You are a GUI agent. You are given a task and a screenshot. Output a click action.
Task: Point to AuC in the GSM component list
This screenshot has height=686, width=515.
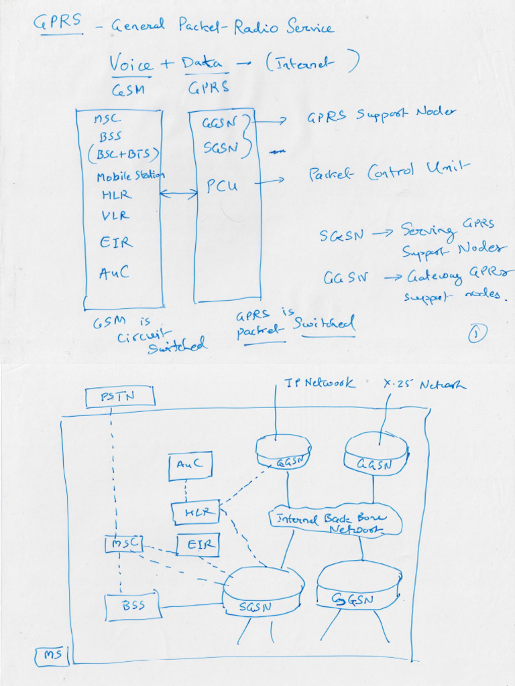114,272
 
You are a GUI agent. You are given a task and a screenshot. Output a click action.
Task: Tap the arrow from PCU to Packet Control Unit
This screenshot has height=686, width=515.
274,181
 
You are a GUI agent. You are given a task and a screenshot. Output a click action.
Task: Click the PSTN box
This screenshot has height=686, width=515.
120,397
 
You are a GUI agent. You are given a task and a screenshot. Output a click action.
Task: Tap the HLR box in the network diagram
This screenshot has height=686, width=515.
196,512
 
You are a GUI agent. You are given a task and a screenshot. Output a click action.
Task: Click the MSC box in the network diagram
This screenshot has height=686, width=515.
123,543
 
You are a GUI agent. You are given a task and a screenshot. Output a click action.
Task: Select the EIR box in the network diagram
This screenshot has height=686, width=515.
198,545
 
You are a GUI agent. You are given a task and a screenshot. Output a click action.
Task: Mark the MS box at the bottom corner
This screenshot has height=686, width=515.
52,656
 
